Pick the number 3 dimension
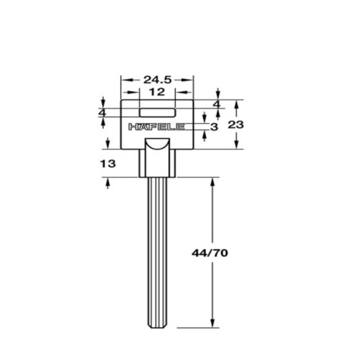(215, 127)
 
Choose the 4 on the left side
(102, 114)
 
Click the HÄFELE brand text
(158, 127)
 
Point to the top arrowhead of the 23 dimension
(238, 102)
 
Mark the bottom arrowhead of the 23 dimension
(238, 145)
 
